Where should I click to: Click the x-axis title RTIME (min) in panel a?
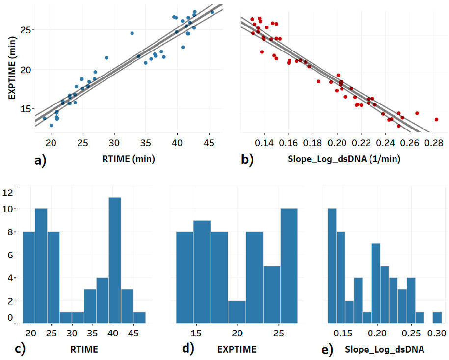pyautogui.click(x=131, y=159)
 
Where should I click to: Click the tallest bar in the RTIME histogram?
pyautogui.click(x=115, y=260)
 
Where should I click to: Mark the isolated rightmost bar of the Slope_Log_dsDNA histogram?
pyautogui.click(x=437, y=317)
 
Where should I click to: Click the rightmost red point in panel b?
pyautogui.click(x=436, y=119)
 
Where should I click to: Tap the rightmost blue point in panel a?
pyautogui.click(x=212, y=12)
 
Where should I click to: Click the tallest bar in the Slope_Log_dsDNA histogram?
pyautogui.click(x=332, y=266)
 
